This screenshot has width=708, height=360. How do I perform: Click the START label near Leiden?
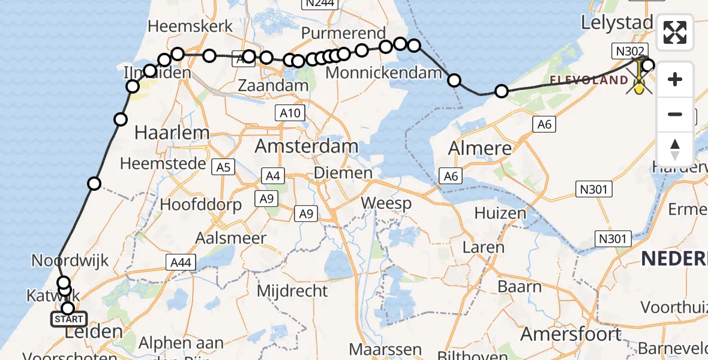click(x=70, y=319)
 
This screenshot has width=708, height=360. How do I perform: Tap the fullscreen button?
click(x=675, y=32)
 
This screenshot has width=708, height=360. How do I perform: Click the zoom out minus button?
click(x=675, y=114)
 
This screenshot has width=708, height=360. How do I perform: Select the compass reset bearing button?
click(x=675, y=149)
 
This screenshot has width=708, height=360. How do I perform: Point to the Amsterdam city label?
click(x=306, y=146)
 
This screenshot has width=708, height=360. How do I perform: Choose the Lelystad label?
click(x=617, y=23)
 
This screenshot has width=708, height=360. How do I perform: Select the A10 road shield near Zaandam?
click(x=289, y=113)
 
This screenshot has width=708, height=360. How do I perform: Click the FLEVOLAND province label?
click(x=589, y=80)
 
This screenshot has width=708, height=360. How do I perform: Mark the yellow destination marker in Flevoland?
click(x=640, y=86)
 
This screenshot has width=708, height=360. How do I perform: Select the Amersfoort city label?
click(x=571, y=333)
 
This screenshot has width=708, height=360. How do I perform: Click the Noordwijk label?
click(x=70, y=261)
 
